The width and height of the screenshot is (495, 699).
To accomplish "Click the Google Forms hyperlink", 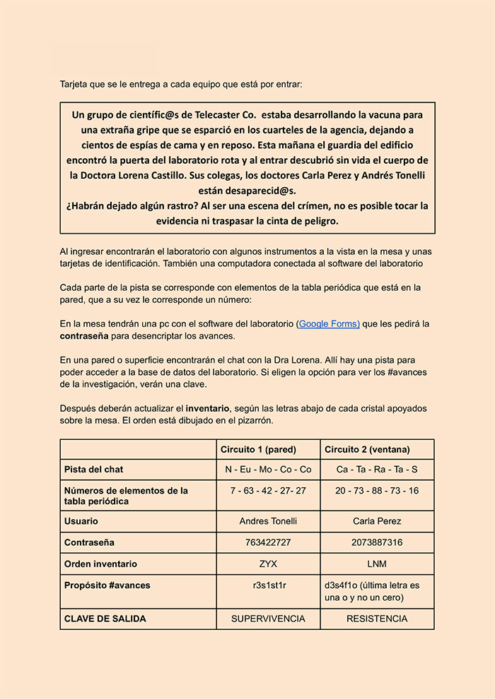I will [x=329, y=323].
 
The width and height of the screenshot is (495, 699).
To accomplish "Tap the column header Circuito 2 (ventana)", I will [x=367, y=450].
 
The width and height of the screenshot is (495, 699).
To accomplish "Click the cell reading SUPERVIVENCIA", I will [x=268, y=619].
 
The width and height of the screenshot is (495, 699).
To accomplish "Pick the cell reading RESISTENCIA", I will [x=377, y=619].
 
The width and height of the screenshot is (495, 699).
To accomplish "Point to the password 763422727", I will [x=268, y=543].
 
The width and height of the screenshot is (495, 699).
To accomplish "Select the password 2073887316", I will [x=377, y=543].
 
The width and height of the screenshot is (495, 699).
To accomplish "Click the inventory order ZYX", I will [x=268, y=564].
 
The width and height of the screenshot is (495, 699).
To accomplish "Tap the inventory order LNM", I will [x=377, y=564].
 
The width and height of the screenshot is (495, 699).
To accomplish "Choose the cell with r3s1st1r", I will [x=268, y=585].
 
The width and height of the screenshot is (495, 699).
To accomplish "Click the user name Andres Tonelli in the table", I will [x=268, y=521].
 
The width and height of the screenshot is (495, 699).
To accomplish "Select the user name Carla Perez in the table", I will [x=377, y=521].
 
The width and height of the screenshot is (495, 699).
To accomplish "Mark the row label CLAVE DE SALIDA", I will [x=105, y=619].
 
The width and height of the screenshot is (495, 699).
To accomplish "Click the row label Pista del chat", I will [x=93, y=470].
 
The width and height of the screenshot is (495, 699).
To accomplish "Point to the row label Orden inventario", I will [x=100, y=564].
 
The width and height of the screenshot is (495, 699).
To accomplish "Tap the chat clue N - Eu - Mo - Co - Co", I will [x=268, y=470].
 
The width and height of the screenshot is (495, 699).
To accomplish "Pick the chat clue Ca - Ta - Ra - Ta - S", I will [x=377, y=470].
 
